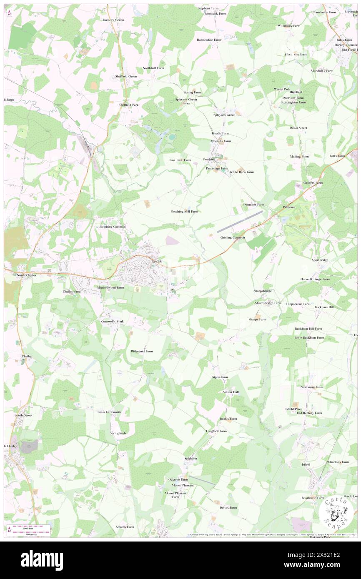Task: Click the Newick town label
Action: (x=156, y=261)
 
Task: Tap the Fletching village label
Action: (x=209, y=160)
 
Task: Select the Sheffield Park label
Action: (x=129, y=105)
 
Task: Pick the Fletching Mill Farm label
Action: (x=184, y=212)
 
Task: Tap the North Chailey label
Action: (x=27, y=275)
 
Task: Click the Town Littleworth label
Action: (x=109, y=412)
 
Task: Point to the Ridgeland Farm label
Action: (x=142, y=351)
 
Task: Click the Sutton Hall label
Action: (x=231, y=392)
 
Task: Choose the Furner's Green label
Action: (x=113, y=20)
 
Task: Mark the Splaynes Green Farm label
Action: (x=186, y=101)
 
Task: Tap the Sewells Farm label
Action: (x=125, y=527)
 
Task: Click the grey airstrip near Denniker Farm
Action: (x=240, y=221)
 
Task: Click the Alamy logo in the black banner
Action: (x=42, y=560)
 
